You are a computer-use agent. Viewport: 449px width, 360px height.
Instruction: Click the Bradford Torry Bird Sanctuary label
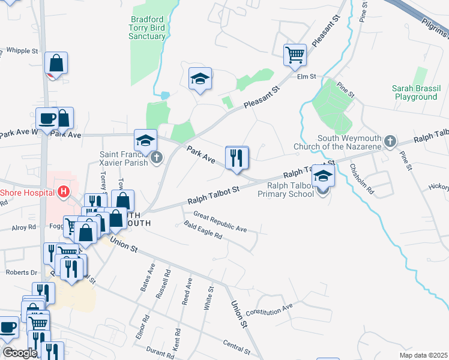(147, 28)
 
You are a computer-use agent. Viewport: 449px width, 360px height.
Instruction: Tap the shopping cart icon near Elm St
(295, 55)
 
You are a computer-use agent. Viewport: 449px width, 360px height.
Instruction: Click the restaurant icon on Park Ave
(237, 158)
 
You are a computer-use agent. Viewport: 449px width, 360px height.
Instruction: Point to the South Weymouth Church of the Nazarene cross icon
(390, 141)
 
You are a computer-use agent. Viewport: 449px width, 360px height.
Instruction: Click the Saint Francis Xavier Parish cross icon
(157, 158)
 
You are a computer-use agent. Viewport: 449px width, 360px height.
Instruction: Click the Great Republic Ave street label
(220, 221)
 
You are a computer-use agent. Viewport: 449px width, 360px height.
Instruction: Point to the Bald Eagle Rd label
(203, 231)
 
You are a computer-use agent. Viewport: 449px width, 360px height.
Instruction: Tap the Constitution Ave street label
(269, 309)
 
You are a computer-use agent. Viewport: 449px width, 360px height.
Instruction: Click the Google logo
(20, 353)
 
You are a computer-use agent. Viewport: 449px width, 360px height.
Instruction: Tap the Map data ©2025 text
(423, 355)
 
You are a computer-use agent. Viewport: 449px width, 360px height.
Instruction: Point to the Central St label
(236, 347)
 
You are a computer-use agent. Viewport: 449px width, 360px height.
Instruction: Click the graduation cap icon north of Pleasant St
(200, 79)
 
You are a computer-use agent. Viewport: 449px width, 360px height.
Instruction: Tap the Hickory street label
(437, 187)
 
